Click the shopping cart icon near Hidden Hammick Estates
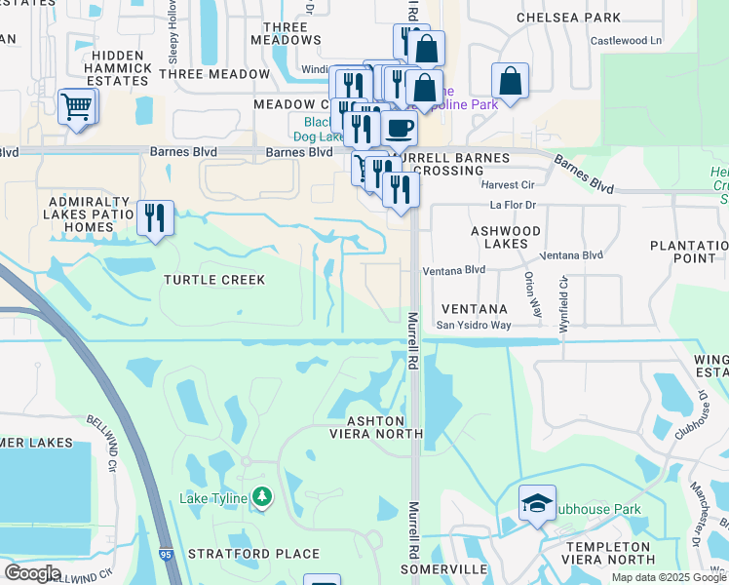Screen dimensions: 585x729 [76, 106]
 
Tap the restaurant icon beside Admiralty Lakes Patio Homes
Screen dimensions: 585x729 [154, 217]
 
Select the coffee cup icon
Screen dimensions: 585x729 [398, 128]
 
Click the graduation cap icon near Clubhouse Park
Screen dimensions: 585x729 [536, 502]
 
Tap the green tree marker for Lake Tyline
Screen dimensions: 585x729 [261, 498]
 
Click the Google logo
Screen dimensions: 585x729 [32, 573]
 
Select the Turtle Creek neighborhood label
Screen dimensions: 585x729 [214, 280]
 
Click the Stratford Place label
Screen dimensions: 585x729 [253, 554]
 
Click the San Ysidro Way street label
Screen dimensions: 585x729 [473, 325]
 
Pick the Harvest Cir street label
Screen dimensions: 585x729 [508, 184]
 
